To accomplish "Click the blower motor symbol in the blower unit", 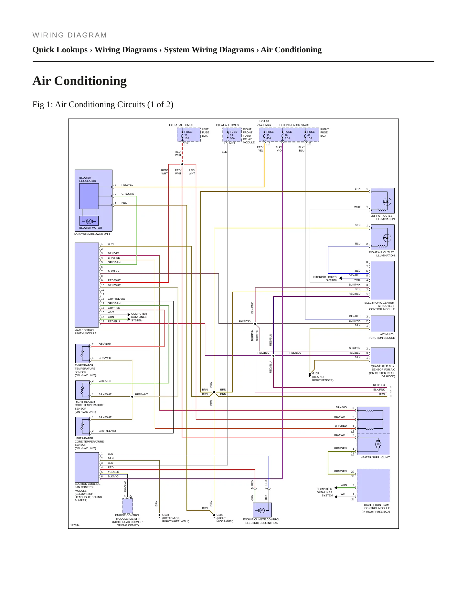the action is coord(89,221).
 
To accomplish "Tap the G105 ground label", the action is coord(315,373).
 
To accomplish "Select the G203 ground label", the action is coord(220,515).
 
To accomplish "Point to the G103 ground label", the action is coord(165,515).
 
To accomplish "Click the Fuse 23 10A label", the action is coord(187,135).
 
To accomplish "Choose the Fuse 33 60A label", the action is coord(233,135).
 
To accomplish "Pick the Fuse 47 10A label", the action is coord(310,135).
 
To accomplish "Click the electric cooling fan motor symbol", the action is coord(262,510).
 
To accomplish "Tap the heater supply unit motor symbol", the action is coord(378,444).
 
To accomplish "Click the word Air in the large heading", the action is coord(42,81).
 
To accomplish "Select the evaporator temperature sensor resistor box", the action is coord(82,353).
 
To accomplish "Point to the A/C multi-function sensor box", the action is coord(383,324).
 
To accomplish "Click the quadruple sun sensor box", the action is coord(383,356).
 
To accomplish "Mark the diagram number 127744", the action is coord(75,525).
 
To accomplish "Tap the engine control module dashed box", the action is coord(128,506).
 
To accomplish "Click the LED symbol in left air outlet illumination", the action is coord(387,202).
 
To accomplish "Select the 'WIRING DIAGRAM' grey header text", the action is coord(69,35).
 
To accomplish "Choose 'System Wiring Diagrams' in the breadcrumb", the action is coord(209,50).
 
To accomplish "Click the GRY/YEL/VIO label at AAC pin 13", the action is coord(116,299).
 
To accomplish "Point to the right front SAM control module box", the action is coord(373,485).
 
